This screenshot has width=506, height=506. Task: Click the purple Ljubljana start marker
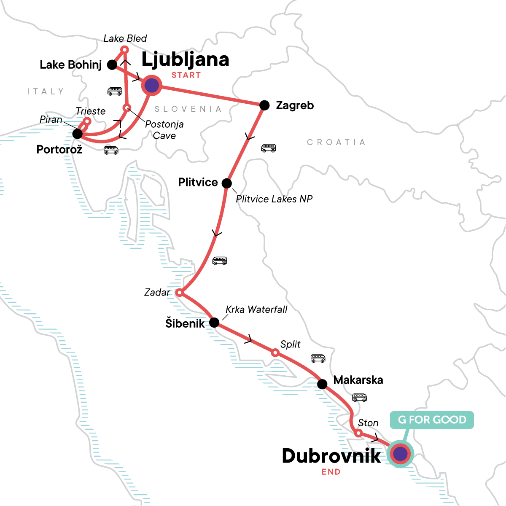(151, 86)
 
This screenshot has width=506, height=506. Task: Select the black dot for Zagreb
(264, 105)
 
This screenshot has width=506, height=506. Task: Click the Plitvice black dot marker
(226, 183)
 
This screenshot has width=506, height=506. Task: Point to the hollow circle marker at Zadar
(179, 292)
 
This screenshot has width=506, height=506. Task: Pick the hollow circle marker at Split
(275, 353)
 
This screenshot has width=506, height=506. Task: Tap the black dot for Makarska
(322, 384)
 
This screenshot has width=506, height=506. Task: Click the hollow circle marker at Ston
(358, 433)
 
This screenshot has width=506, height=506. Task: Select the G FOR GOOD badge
(432, 420)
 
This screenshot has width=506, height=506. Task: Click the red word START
(186, 75)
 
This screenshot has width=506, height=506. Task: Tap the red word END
(331, 472)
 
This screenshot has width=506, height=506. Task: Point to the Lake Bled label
(125, 38)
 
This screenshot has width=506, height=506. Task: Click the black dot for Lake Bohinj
(112, 65)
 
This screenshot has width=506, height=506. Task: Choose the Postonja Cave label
(164, 130)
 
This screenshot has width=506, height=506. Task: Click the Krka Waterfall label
(256, 310)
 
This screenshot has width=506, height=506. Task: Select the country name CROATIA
(336, 142)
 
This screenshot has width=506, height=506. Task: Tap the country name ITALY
(46, 91)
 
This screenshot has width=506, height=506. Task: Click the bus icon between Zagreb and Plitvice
(268, 148)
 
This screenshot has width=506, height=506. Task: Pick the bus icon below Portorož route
(111, 150)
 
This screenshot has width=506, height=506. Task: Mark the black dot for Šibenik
(214, 323)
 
